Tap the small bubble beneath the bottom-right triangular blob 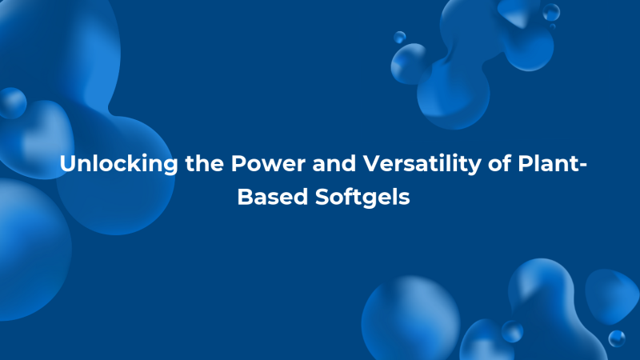click(616, 338)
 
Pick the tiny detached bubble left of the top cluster click(399, 37)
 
